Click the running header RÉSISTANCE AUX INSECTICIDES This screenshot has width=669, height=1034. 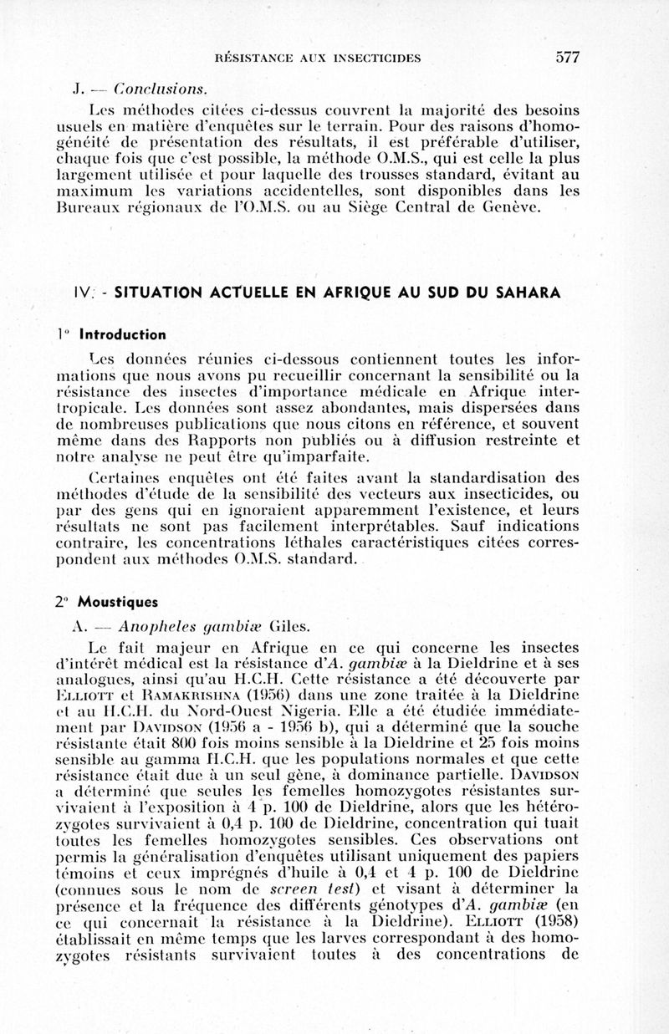318,59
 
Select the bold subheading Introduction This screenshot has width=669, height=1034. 123,334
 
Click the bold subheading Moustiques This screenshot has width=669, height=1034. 119,601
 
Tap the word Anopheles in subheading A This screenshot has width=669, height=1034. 155,626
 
